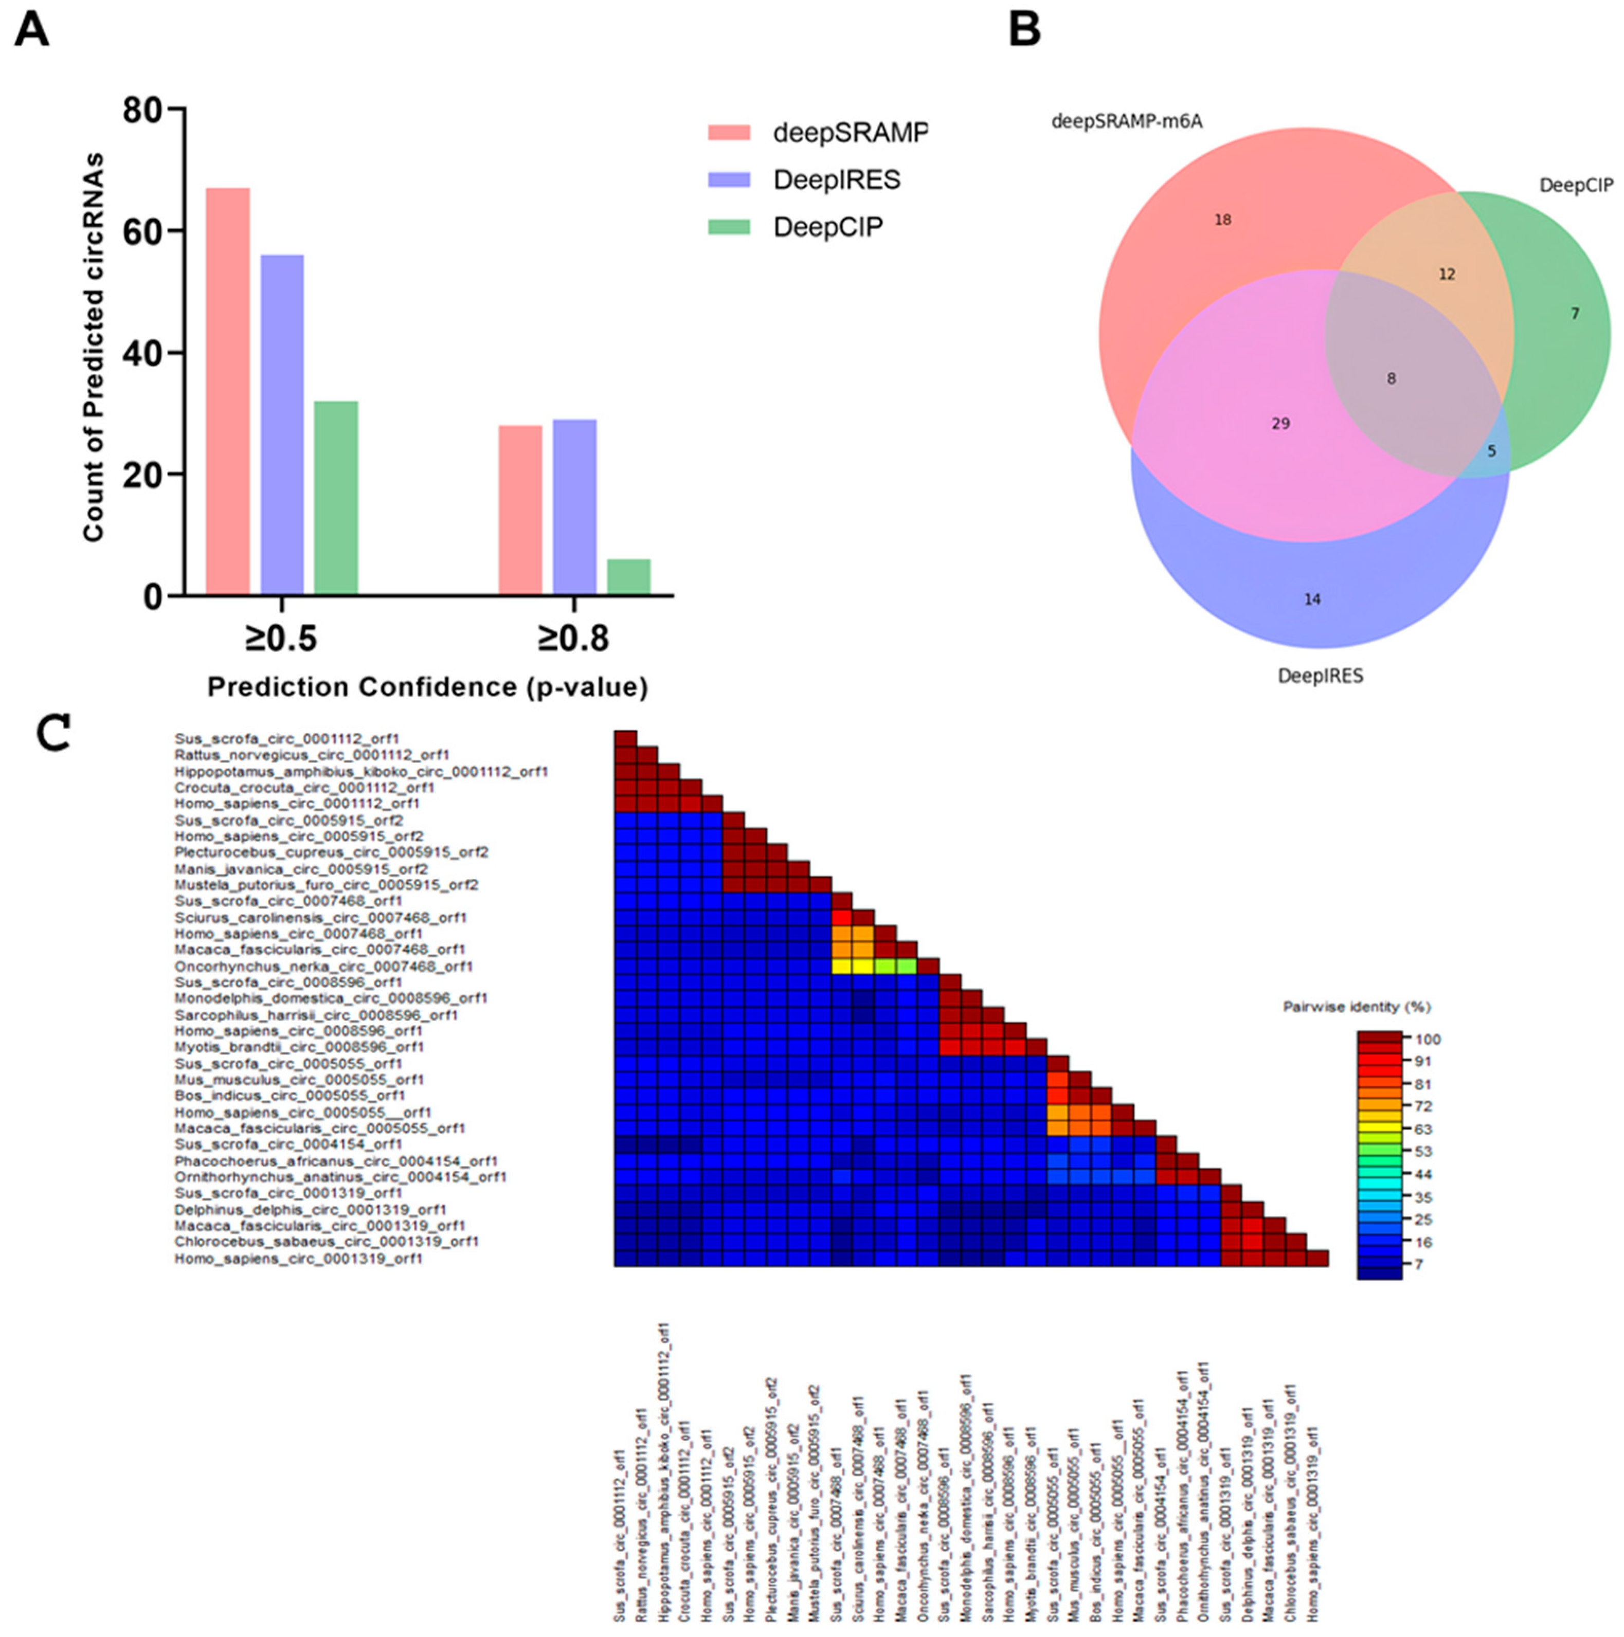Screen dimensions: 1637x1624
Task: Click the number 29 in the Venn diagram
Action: pyautogui.click(x=1280, y=423)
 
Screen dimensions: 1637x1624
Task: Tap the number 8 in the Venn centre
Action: pyautogui.click(x=1391, y=379)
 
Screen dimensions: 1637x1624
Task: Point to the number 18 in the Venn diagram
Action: pyautogui.click(x=1222, y=220)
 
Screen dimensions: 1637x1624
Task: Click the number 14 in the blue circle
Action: pyautogui.click(x=1311, y=599)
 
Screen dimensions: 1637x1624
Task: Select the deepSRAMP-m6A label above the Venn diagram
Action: pyautogui.click(x=1126, y=122)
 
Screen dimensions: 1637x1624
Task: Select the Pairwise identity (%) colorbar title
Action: pyautogui.click(x=1356, y=1007)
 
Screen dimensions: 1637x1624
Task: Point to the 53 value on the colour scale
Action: pyautogui.click(x=1423, y=1152)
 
